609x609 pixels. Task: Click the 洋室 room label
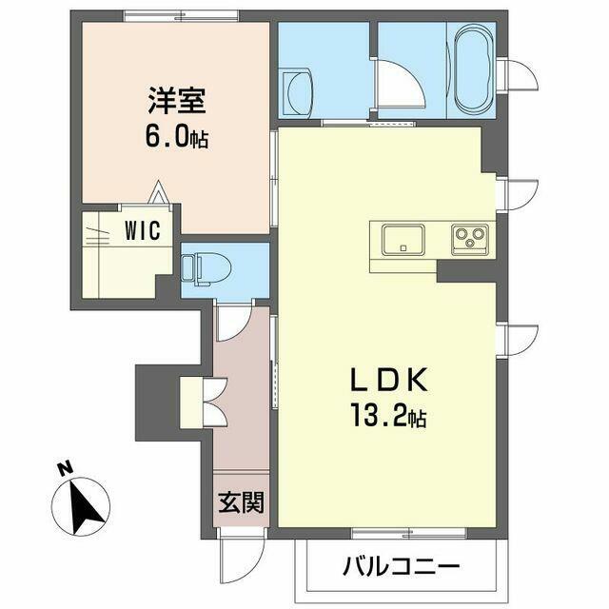click(x=177, y=101)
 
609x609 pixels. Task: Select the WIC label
click(x=143, y=230)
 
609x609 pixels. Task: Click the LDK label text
click(x=389, y=379)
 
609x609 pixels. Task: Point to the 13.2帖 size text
click(x=388, y=415)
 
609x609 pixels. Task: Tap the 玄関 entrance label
click(x=241, y=502)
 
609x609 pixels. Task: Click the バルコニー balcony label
click(x=401, y=566)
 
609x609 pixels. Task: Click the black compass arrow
click(x=85, y=506)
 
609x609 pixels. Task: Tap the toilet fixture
click(x=206, y=269)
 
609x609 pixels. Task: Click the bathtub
click(x=475, y=69)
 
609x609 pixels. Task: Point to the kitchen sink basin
click(x=403, y=240)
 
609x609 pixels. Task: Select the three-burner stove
click(x=470, y=240)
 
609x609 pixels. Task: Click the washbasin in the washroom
click(x=297, y=93)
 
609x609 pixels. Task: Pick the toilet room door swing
click(x=234, y=324)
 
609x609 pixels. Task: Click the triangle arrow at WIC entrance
click(x=158, y=192)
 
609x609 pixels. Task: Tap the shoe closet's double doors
click(x=214, y=402)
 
